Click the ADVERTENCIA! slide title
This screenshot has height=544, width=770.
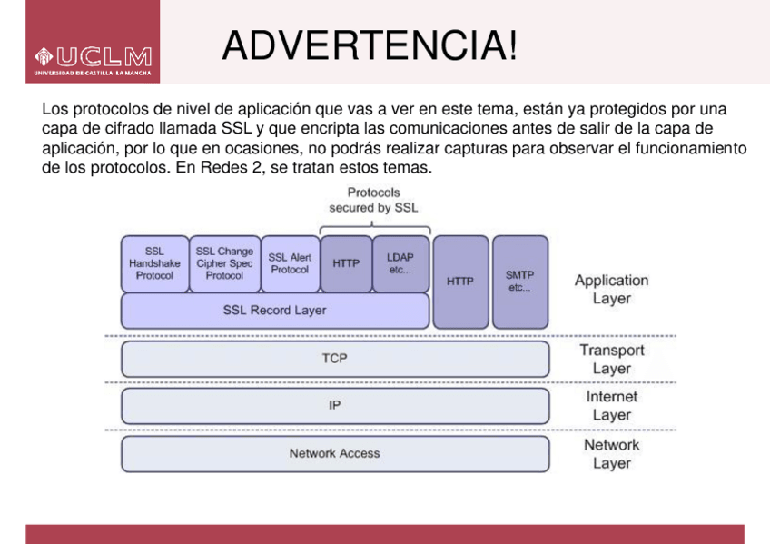(370, 45)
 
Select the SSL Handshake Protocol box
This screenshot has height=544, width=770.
(154, 263)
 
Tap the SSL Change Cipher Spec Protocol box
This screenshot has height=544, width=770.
(224, 263)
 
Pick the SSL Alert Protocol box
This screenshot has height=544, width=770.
(290, 263)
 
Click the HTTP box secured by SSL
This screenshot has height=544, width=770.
(346, 264)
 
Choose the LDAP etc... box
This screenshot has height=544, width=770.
(400, 264)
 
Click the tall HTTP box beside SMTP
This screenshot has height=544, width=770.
(460, 282)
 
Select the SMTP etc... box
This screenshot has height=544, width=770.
(520, 282)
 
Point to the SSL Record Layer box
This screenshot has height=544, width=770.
(274, 311)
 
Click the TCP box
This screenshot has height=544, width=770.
(334, 359)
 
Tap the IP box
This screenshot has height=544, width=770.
(334, 406)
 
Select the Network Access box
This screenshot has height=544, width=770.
(334, 454)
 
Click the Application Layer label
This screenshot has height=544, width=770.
(611, 290)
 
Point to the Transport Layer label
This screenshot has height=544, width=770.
(611, 360)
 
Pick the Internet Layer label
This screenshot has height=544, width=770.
(611, 406)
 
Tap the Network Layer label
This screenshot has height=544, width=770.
(611, 454)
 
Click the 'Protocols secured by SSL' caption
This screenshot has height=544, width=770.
(373, 200)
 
